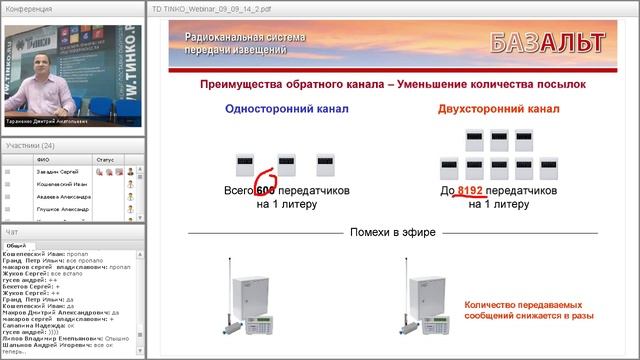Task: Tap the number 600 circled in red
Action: (265, 189)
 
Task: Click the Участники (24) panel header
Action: (30, 145)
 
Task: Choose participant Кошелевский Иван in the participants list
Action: (60, 185)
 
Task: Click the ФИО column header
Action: (42, 159)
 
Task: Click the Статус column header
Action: (105, 159)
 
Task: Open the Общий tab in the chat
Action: (16, 246)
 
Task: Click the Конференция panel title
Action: (29, 8)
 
